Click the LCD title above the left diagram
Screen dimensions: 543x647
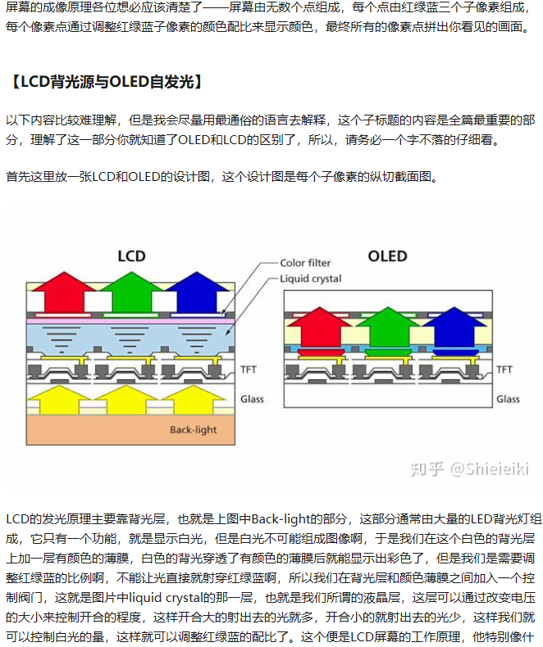131,256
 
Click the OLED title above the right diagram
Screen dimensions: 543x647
387,256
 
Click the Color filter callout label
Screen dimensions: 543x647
305,263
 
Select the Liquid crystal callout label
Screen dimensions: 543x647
311,278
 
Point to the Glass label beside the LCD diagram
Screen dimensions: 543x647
252,399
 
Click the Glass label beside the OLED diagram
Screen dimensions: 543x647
508,399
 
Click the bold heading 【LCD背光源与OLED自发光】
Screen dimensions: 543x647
104,82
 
